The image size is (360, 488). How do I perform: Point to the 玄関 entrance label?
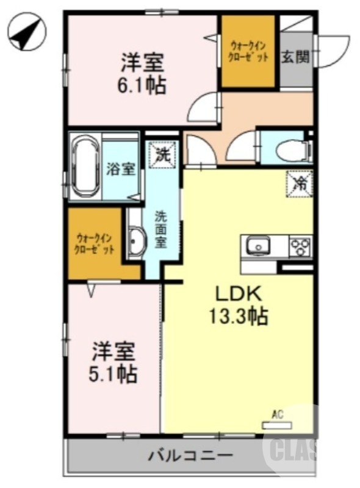295,57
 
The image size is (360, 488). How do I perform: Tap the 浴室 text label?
121,169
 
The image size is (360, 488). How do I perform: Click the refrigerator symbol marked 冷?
300,182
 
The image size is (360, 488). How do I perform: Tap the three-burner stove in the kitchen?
300,246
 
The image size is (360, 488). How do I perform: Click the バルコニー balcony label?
190,455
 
